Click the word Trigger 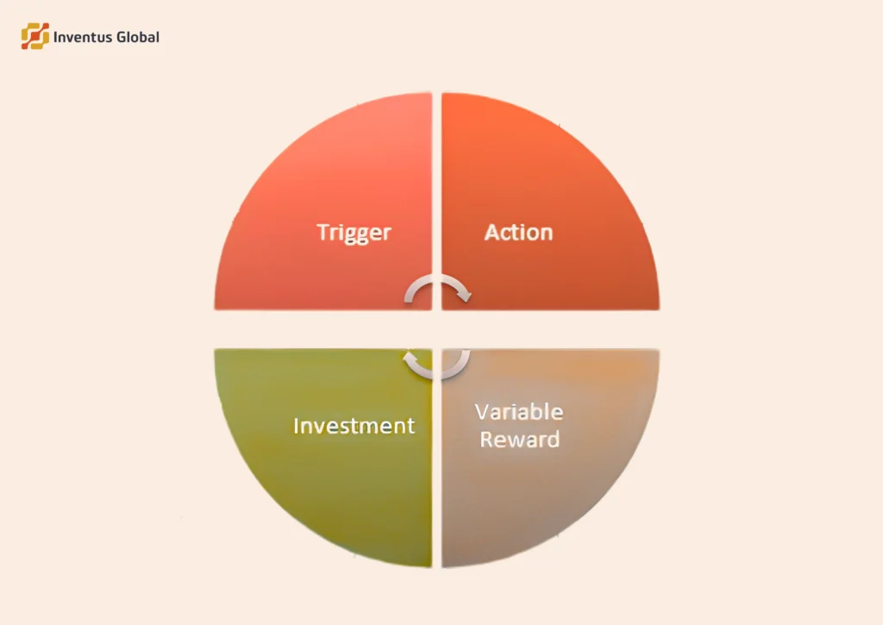pyautogui.click(x=354, y=233)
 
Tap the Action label pyautogui.click(x=518, y=233)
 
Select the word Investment pyautogui.click(x=354, y=426)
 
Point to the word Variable pyautogui.click(x=519, y=411)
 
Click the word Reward pyautogui.click(x=519, y=439)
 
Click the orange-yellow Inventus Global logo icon pyautogui.click(x=35, y=36)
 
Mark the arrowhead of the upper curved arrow pyautogui.click(x=464, y=297)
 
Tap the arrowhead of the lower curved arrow pyautogui.click(x=410, y=356)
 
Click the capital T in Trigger pyautogui.click(x=323, y=232)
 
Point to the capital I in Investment pyautogui.click(x=297, y=426)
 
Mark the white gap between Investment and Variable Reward pyautogui.click(x=437, y=483)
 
